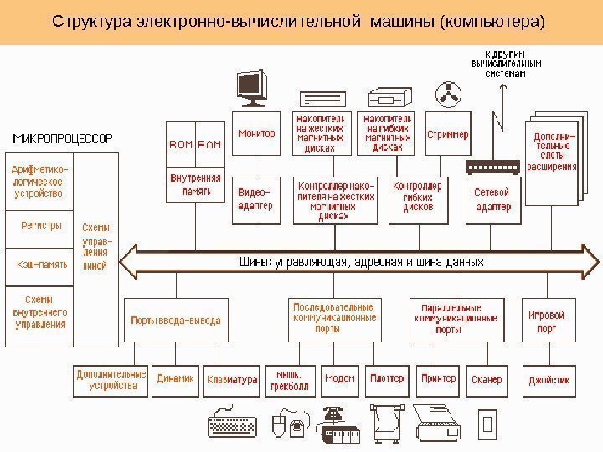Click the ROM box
pyautogui.click(x=181, y=145)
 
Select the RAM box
pyautogui.click(x=209, y=145)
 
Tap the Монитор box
pyautogui.click(x=255, y=134)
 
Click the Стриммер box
pyautogui.click(x=448, y=134)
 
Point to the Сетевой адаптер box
pyautogui.click(x=492, y=199)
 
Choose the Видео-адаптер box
pyautogui.click(x=255, y=199)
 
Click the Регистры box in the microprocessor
pyautogui.click(x=41, y=225)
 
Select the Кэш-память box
pyautogui.click(x=41, y=265)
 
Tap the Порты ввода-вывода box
pyautogui.click(x=176, y=320)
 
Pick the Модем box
pyautogui.click(x=339, y=379)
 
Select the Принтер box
pyautogui.click(x=438, y=379)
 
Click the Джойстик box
pyautogui.click(x=549, y=379)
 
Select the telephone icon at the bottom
pyautogui.click(x=334, y=414)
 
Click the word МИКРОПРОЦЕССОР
pyautogui.click(x=62, y=136)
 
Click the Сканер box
pyautogui.click(x=487, y=379)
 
